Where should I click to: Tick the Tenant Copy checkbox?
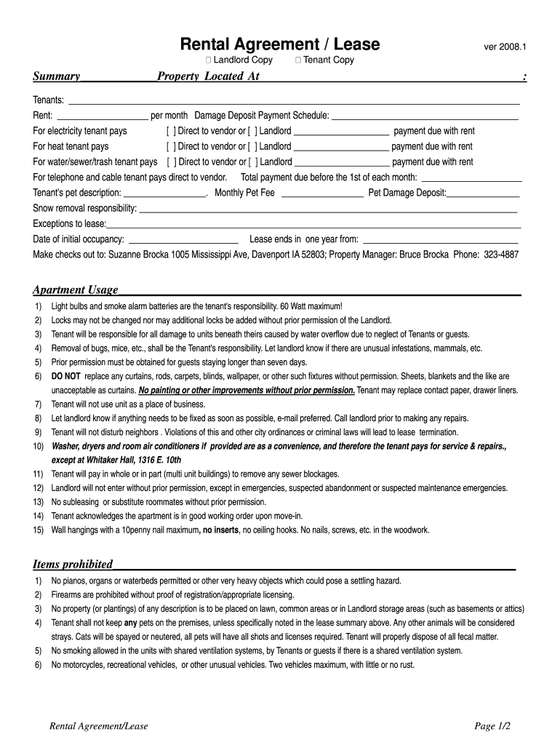(x=299, y=60)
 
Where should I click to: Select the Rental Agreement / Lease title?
(x=280, y=45)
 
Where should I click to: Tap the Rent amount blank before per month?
(x=102, y=116)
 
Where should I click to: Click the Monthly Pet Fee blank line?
(x=322, y=194)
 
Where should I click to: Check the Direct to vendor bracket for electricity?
(x=171, y=132)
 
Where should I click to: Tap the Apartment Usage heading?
(x=75, y=290)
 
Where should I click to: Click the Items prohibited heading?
(x=73, y=565)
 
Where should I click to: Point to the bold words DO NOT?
(x=65, y=377)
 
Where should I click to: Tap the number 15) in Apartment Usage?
(x=38, y=530)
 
